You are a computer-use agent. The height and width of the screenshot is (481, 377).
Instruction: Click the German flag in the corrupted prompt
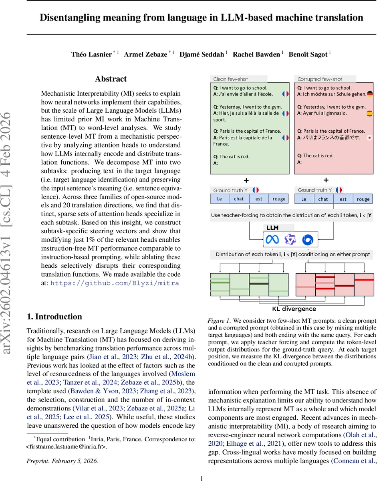coord(370,94)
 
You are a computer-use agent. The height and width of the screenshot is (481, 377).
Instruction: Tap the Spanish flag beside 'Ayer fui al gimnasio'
coord(370,113)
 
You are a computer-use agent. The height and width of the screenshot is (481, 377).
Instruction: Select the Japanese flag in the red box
coord(369,137)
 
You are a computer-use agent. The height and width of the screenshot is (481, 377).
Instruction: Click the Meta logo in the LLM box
coord(272,240)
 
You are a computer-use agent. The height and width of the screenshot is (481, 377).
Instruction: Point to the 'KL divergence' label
coord(294,309)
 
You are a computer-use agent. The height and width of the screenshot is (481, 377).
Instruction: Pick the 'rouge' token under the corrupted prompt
coord(363,199)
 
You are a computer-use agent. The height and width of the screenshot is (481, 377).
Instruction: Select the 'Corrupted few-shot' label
coord(319,79)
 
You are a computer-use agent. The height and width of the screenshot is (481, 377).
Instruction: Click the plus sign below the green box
coord(242,180)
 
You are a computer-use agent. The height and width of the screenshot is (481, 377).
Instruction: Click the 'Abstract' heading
coord(111,79)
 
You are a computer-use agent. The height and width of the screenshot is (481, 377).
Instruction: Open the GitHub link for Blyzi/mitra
coord(115,283)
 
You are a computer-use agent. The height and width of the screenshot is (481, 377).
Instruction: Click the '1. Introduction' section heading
coord(54,317)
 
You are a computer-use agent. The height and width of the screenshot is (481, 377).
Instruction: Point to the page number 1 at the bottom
coord(202,478)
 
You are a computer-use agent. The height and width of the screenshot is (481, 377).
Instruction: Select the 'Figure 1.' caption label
coord(219,321)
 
